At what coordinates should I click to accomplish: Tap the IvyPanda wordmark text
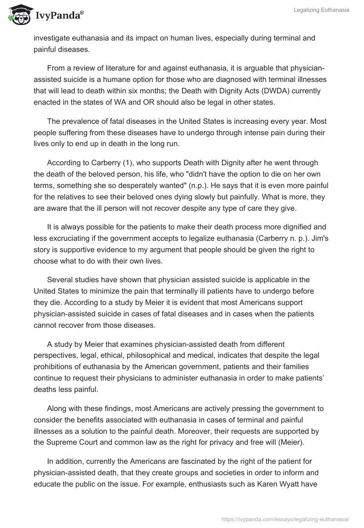click(59, 16)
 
